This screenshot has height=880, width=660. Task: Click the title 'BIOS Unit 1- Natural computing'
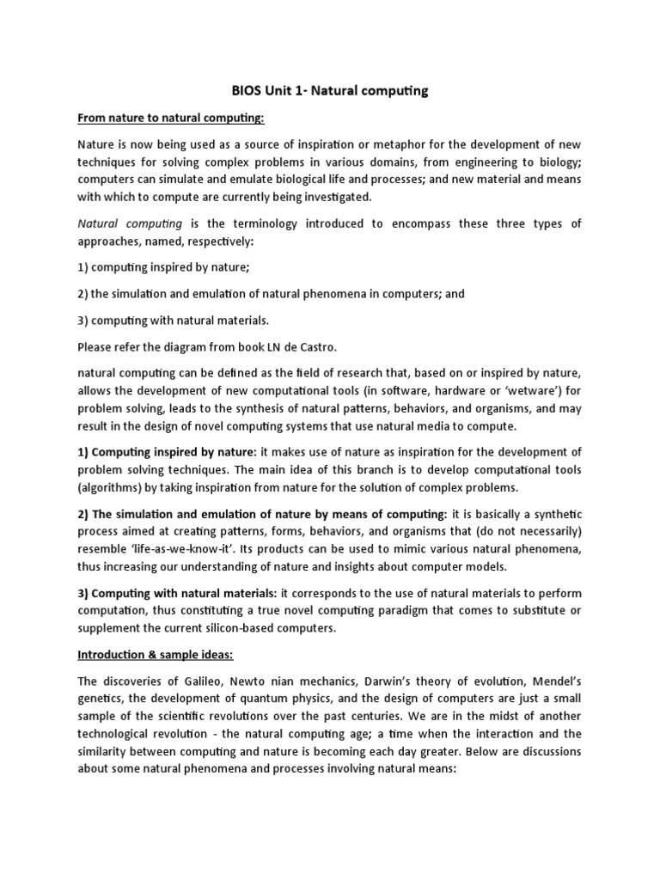pos(329,89)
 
